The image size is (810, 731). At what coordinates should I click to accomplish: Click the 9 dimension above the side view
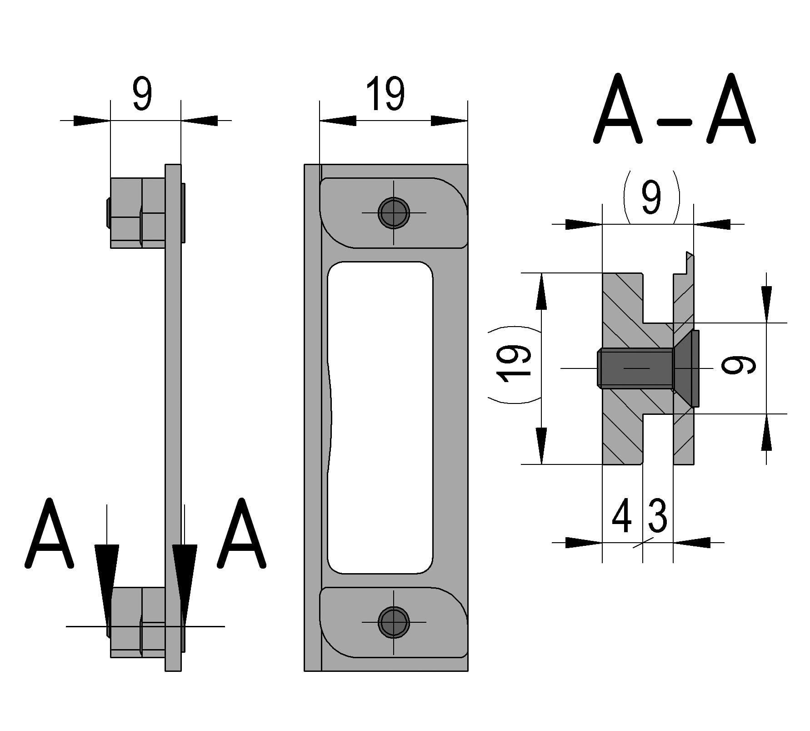tap(142, 94)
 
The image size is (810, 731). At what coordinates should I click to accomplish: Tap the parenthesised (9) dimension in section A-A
tap(651, 197)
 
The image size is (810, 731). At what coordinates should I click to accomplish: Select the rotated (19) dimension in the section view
tap(514, 364)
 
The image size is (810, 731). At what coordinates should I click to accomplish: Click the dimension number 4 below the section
tap(621, 516)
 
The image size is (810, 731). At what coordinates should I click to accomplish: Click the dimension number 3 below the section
tap(657, 516)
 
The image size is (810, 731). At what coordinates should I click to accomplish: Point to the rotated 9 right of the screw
tap(739, 365)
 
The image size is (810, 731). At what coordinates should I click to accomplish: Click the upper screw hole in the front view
tap(394, 213)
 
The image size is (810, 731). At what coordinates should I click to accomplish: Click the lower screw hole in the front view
tap(394, 622)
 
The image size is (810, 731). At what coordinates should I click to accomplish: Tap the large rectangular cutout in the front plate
tap(380, 417)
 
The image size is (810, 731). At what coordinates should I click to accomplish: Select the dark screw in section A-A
tap(645, 368)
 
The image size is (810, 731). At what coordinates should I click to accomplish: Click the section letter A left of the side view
tap(49, 534)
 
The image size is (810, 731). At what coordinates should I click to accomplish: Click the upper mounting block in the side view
tap(137, 212)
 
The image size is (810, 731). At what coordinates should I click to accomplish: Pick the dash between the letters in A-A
tap(675, 123)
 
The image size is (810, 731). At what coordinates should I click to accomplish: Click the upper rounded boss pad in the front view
tap(394, 213)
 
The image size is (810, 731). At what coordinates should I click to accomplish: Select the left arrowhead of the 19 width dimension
tap(337, 121)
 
